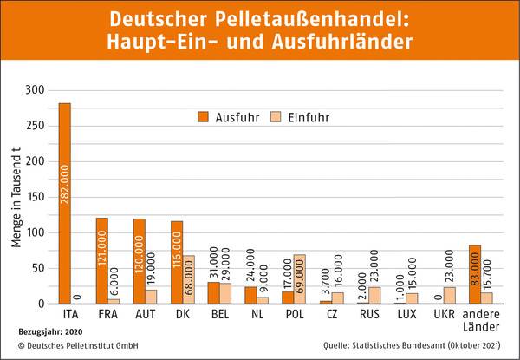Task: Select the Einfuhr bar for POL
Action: pyautogui.click(x=300, y=279)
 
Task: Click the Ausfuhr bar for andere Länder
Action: pyautogui.click(x=474, y=274)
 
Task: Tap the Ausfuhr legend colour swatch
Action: pyautogui.click(x=205, y=116)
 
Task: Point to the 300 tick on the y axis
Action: pyautogui.click(x=34, y=89)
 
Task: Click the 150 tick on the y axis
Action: pyautogui.click(x=34, y=197)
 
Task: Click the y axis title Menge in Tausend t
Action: pyautogui.click(x=16, y=197)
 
